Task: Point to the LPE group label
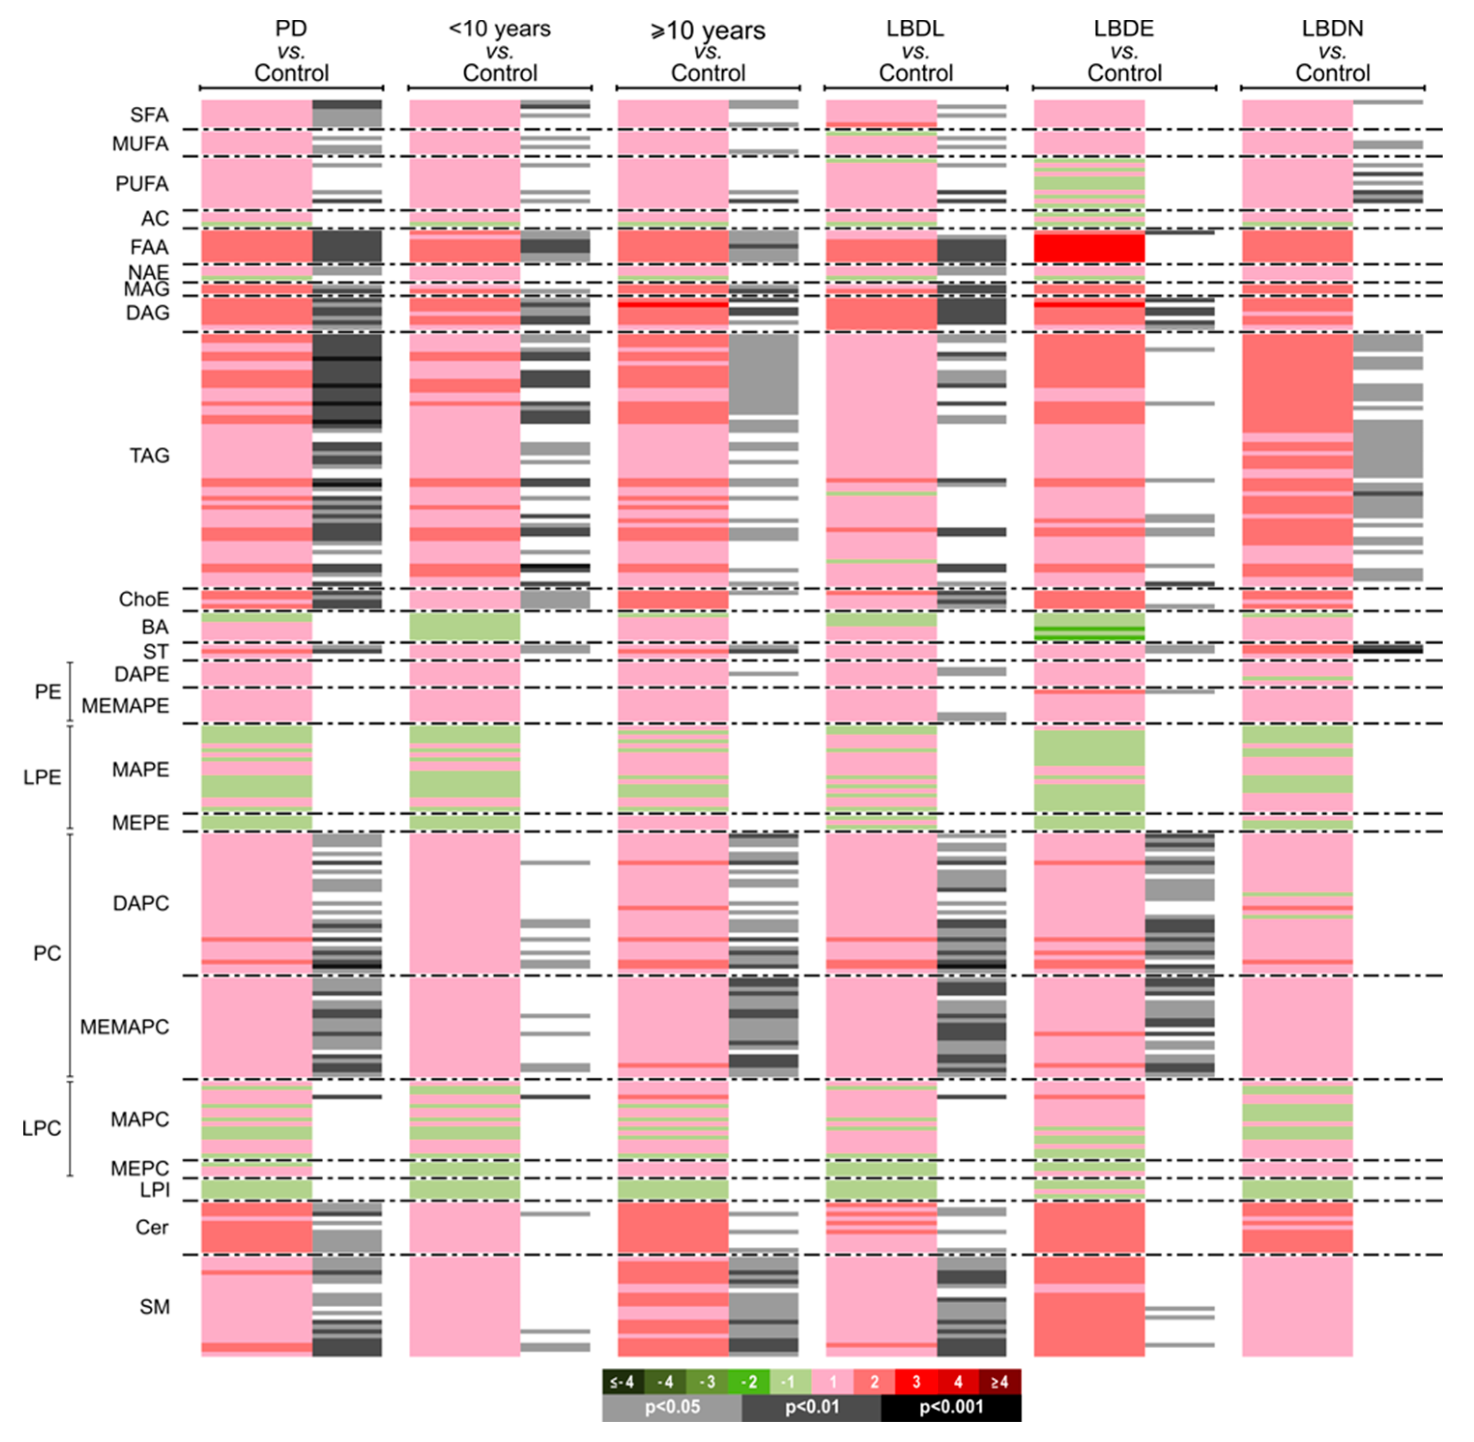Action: (x=41, y=777)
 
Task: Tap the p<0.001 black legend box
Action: (x=951, y=1407)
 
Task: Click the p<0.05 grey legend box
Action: (x=672, y=1407)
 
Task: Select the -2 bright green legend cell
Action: (x=748, y=1382)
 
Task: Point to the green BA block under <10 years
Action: (x=464, y=627)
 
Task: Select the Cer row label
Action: (x=152, y=1227)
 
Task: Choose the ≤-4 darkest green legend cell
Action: (x=623, y=1382)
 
